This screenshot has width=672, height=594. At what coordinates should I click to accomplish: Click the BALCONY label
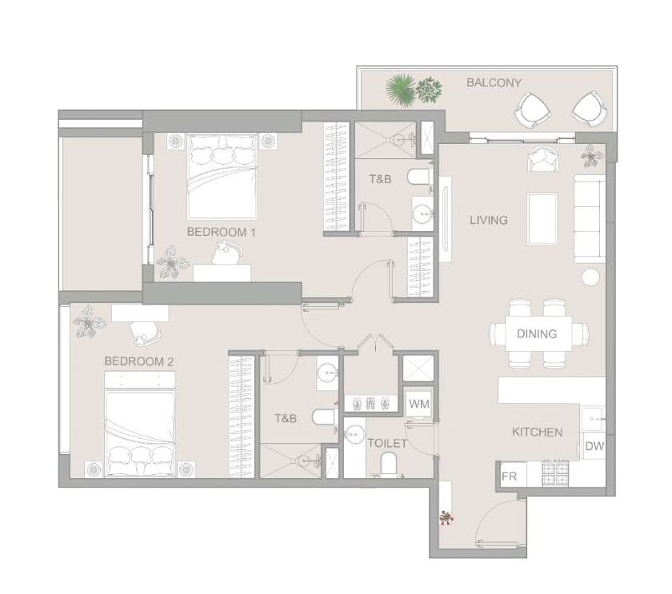click(x=494, y=82)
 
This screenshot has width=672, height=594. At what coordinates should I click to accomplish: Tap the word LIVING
click(x=489, y=220)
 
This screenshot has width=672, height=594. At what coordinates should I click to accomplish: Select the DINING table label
click(x=537, y=333)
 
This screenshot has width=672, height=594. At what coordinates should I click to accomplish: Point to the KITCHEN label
click(x=537, y=433)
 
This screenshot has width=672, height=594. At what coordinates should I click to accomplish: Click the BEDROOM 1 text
click(x=221, y=232)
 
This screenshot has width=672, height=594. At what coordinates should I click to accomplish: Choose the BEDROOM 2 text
click(x=139, y=361)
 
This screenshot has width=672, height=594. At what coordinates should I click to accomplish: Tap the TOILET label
click(x=387, y=443)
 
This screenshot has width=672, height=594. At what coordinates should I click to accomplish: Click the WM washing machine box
click(x=418, y=404)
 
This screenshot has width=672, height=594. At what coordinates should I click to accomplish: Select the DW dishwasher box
click(x=594, y=446)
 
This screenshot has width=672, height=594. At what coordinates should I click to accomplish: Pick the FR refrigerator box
click(x=511, y=476)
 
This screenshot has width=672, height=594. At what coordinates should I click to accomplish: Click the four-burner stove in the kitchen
click(x=555, y=473)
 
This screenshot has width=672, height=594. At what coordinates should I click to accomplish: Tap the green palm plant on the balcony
click(x=401, y=90)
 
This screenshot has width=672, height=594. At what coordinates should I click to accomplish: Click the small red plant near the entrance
click(x=446, y=518)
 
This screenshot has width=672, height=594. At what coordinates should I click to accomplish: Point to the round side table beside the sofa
click(x=590, y=277)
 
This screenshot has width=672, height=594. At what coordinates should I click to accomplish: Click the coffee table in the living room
click(x=542, y=219)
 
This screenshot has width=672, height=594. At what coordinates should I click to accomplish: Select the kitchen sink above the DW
click(x=593, y=418)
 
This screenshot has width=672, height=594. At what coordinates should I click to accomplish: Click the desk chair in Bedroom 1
click(x=227, y=253)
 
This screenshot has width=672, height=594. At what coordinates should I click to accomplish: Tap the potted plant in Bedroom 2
click(x=89, y=321)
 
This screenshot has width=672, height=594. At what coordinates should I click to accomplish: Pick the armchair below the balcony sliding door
click(x=543, y=159)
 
